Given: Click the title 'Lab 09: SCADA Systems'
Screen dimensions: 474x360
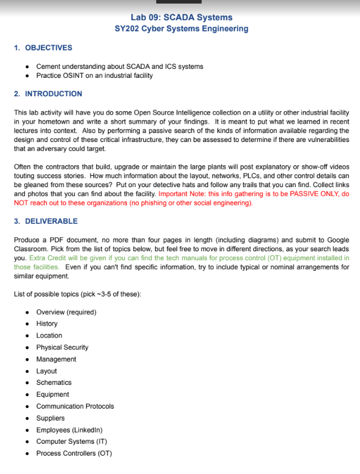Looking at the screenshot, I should click(x=181, y=17).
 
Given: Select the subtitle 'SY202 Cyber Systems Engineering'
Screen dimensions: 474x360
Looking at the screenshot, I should click(x=181, y=29).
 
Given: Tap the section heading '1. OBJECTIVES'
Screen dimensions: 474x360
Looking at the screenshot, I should click(x=43, y=48).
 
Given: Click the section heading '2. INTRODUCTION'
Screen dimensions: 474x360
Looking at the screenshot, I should click(x=48, y=94).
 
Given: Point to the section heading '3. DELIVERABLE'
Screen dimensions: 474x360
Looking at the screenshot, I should click(x=46, y=221).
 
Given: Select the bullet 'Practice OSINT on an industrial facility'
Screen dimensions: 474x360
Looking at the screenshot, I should click(x=94, y=75).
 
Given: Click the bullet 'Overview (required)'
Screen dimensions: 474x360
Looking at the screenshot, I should click(x=66, y=312).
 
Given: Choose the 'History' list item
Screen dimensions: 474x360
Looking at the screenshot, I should click(x=47, y=324).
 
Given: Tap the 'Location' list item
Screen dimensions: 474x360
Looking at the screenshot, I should click(x=49, y=336).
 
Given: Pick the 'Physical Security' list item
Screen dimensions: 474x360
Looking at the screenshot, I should click(x=62, y=347).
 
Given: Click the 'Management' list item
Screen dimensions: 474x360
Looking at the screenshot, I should click(x=56, y=359).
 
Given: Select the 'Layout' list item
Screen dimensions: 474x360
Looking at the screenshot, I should click(x=46, y=371).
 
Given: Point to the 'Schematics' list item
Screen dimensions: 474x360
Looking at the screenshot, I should click(x=53, y=383).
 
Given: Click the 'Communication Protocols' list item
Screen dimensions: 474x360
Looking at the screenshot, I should click(x=75, y=406).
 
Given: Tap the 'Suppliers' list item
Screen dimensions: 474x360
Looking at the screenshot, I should click(x=50, y=418).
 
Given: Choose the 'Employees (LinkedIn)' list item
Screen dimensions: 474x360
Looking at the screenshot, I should click(x=70, y=429).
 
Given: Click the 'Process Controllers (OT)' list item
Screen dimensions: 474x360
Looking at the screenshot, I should click(x=74, y=453).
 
